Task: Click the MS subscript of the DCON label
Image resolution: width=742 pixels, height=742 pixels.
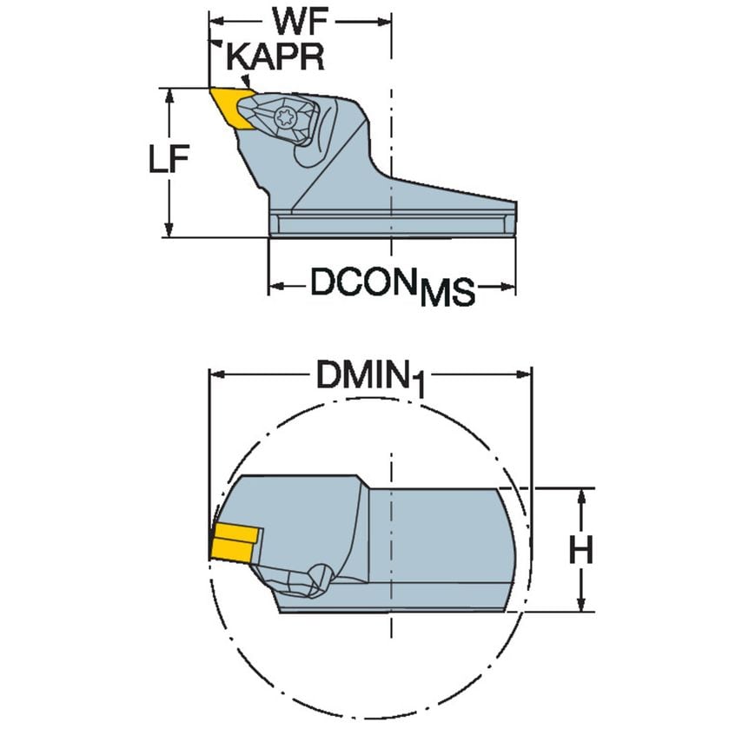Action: [x=447, y=294]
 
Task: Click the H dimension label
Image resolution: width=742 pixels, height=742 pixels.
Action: [x=580, y=550]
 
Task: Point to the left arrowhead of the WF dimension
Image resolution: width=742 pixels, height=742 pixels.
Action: [x=218, y=20]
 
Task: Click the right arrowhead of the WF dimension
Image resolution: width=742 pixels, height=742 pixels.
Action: [x=386, y=20]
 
